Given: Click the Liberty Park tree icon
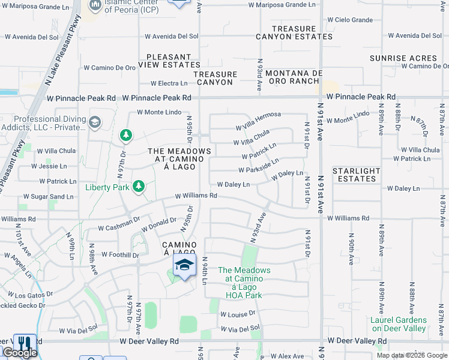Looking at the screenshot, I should click(x=138, y=186).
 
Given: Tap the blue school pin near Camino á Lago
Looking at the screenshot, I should click(x=185, y=266).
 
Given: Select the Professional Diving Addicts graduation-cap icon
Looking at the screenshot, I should click(x=94, y=123).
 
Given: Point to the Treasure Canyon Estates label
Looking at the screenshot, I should click(x=294, y=32).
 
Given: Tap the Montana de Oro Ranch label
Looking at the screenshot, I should click(x=294, y=77).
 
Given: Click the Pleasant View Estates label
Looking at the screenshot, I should click(x=165, y=61).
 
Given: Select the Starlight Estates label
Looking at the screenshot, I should click(x=357, y=175).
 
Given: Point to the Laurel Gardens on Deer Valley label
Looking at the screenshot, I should click(x=399, y=324).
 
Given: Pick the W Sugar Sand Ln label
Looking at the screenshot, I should click(x=49, y=197).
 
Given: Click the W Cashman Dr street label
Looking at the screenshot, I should click(x=119, y=228).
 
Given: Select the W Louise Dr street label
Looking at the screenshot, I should click(x=238, y=314).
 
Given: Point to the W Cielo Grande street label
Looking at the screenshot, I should click(x=354, y=20).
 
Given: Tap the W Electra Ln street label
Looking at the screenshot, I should click(x=169, y=83).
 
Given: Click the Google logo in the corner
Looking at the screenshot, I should click(x=19, y=353).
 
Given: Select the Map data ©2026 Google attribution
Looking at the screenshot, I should click(x=411, y=355).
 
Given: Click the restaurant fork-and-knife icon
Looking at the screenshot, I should click(x=25, y=343).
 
